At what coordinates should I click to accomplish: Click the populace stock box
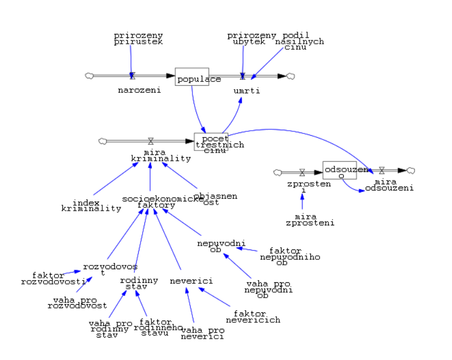click(192, 77)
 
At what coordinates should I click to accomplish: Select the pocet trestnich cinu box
click(211, 142)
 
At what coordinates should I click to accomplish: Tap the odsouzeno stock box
click(339, 170)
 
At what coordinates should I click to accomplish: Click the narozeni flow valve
click(132, 76)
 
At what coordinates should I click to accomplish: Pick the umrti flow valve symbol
click(243, 76)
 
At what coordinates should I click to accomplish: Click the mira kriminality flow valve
click(151, 141)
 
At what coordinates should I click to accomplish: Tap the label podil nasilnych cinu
click(298, 41)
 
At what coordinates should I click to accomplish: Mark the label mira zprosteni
click(310, 220)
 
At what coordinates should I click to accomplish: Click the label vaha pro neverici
click(203, 333)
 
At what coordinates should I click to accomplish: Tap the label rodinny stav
click(139, 283)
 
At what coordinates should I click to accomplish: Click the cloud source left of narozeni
click(90, 76)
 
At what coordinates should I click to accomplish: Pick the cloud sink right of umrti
click(291, 76)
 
